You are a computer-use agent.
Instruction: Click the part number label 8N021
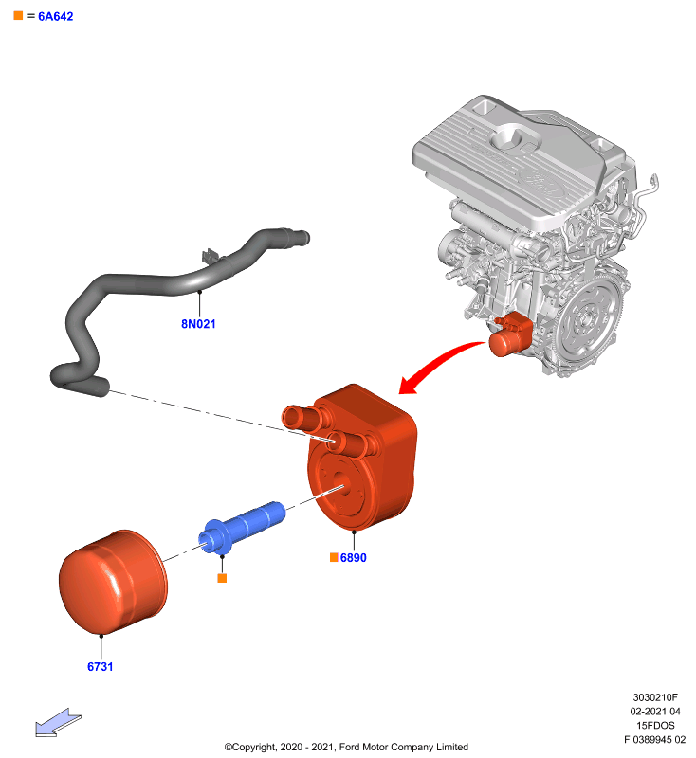[198, 324]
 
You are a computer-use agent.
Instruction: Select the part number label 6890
[353, 558]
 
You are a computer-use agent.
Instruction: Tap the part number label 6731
[101, 667]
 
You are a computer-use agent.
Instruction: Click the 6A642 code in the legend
[56, 16]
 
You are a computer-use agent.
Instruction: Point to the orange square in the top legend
[18, 15]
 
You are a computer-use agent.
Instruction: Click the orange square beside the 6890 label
[334, 557]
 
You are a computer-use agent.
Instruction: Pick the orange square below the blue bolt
[222, 578]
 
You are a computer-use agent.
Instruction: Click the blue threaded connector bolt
[242, 527]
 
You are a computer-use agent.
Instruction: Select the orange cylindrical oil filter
[113, 582]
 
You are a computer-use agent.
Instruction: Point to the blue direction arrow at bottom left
[58, 723]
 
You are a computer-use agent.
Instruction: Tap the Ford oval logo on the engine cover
[540, 183]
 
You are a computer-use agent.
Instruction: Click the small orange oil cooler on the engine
[510, 334]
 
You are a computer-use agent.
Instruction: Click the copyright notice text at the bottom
[346, 747]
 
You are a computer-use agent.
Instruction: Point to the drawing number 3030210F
[655, 697]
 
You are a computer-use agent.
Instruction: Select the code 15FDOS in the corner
[655, 726]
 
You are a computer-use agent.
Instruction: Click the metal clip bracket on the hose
[210, 256]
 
